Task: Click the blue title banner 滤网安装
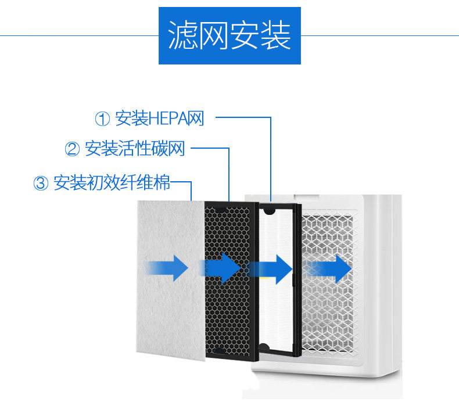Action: tap(230, 36)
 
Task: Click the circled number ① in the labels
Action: tap(102, 119)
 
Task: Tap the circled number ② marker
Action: tap(72, 149)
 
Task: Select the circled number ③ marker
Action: tap(41, 183)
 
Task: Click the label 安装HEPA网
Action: tap(160, 119)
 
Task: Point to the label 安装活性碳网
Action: tap(135, 149)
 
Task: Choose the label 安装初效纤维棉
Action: tap(112, 183)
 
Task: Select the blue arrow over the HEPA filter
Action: tap(271, 268)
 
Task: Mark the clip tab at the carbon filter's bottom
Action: tap(219, 350)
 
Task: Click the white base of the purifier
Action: tap(325, 383)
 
